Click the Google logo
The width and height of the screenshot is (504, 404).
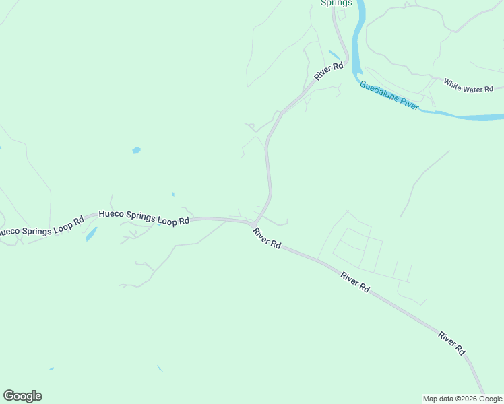click(x=22, y=396)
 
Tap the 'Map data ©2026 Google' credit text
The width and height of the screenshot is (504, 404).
click(x=462, y=399)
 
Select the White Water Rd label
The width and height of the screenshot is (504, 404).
click(x=468, y=85)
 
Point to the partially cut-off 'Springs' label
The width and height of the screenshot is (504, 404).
click(x=335, y=3)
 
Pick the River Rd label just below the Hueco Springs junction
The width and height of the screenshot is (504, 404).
click(x=267, y=238)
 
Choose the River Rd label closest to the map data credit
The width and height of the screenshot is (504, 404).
click(x=451, y=343)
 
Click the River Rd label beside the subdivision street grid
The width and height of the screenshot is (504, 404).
click(x=355, y=281)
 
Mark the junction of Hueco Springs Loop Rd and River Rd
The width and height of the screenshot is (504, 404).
click(x=253, y=223)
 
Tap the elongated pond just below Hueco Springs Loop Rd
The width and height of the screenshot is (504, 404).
click(x=91, y=234)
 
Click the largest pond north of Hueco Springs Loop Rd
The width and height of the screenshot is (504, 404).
click(x=137, y=149)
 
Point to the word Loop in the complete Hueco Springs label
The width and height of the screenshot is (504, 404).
click(x=166, y=220)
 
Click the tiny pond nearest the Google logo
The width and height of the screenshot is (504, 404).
click(x=51, y=368)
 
